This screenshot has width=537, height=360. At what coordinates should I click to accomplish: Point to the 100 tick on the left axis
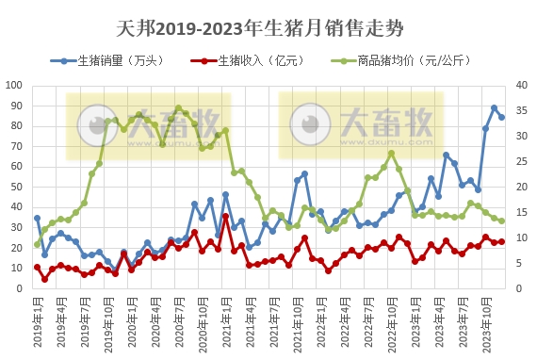pyautogui.click(x=16, y=85)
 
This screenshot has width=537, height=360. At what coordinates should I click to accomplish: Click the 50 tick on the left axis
pyautogui.click(x=19, y=187)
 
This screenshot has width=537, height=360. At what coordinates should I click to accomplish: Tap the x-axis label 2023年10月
pyautogui.click(x=484, y=322)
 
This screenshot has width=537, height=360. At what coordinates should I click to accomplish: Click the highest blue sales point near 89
pyautogui.click(x=494, y=107)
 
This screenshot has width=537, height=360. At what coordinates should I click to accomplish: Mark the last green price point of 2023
pyautogui.click(x=501, y=221)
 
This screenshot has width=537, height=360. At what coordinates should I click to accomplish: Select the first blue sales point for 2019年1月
pyautogui.click(x=38, y=218)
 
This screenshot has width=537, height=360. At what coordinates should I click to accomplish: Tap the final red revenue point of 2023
pyautogui.click(x=501, y=241)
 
